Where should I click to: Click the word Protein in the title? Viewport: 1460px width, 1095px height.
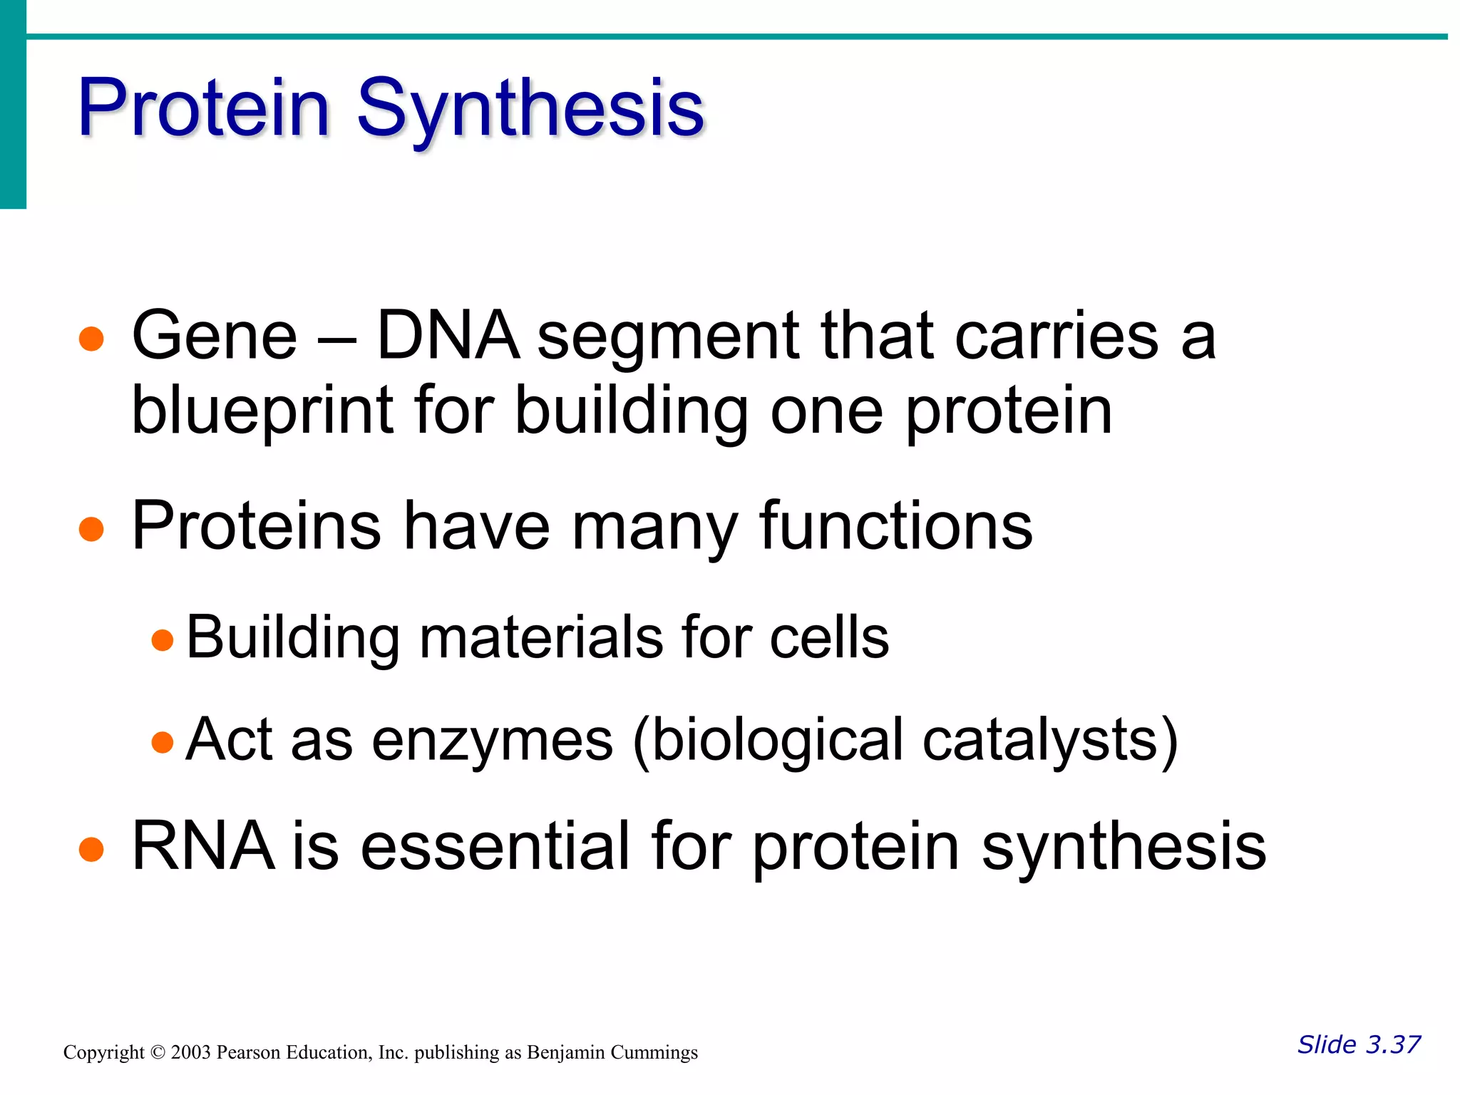point(203,108)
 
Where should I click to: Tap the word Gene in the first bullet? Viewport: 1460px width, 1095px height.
point(214,336)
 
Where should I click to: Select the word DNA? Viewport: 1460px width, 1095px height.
point(448,336)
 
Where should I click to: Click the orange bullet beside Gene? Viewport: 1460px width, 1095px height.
point(92,339)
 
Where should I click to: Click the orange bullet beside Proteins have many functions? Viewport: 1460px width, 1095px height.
point(92,530)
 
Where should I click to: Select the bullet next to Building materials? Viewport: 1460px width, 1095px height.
point(163,639)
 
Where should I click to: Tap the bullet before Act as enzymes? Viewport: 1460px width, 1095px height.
point(163,742)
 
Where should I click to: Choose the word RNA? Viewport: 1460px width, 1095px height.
point(203,846)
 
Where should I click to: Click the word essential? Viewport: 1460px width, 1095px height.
point(495,846)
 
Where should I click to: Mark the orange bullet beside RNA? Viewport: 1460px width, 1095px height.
point(92,850)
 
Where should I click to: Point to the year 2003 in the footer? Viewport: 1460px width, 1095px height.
point(190,1052)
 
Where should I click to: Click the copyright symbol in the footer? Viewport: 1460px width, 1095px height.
point(158,1053)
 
